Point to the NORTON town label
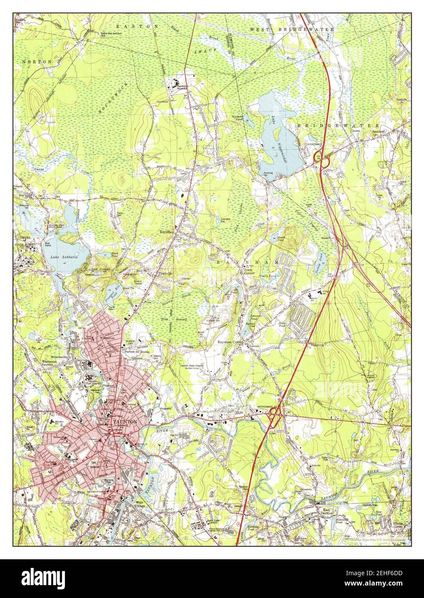(37, 62)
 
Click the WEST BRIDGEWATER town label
(292, 29)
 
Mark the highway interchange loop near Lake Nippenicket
(322, 159)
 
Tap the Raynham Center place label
(230, 342)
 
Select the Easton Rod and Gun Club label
(109, 34)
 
